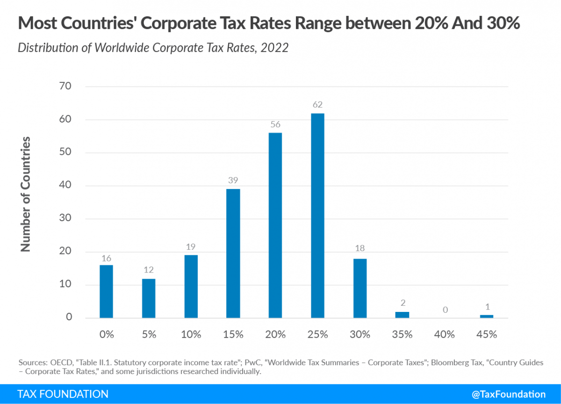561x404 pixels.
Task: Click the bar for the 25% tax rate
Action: click(317, 216)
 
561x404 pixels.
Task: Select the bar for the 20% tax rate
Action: click(275, 225)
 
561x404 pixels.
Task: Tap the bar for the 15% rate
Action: click(233, 253)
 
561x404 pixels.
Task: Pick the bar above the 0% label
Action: click(107, 291)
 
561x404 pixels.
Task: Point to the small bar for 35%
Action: click(402, 315)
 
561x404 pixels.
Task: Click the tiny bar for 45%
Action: click(486, 317)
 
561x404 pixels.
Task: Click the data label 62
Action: click(318, 105)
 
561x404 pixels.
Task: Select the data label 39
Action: click(233, 180)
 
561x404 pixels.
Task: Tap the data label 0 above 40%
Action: click(444, 310)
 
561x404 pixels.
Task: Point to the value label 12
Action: click(149, 270)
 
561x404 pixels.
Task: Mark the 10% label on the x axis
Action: click(191, 334)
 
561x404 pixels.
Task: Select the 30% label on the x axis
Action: click(360, 334)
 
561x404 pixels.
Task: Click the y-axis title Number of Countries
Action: click(26, 194)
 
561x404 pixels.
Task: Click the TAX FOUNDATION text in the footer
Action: click(63, 394)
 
